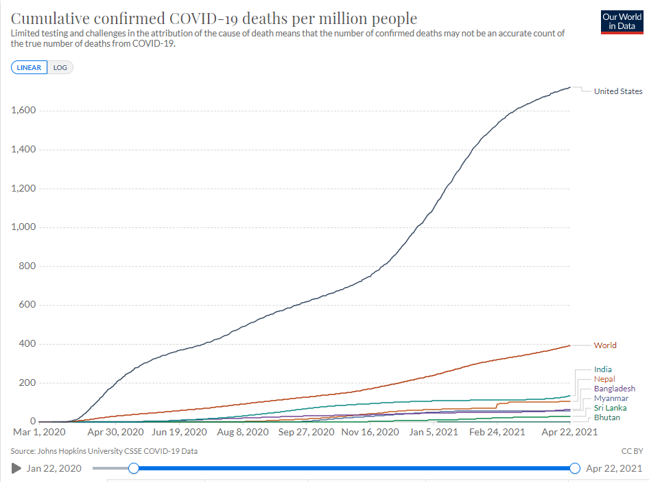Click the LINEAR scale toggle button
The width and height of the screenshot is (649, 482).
(x=29, y=67)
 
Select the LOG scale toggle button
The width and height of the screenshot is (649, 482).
(x=60, y=67)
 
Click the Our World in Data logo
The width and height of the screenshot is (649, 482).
(x=621, y=21)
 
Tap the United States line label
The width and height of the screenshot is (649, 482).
(x=617, y=91)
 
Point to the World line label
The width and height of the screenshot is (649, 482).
(x=605, y=345)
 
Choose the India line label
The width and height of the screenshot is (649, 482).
(x=603, y=369)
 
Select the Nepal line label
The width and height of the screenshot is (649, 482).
(x=604, y=379)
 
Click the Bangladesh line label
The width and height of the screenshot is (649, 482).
(x=614, y=389)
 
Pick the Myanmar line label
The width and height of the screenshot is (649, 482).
(x=611, y=398)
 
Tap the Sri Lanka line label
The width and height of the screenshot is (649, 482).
(x=610, y=408)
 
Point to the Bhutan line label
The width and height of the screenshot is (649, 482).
(x=607, y=417)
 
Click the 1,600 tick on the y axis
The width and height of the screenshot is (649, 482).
(x=24, y=111)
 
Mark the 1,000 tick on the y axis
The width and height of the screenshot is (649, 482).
(x=24, y=227)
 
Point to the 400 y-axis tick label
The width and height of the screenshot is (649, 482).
(x=28, y=344)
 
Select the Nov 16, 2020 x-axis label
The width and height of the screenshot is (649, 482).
(x=370, y=432)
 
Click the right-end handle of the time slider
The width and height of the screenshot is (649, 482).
(x=575, y=468)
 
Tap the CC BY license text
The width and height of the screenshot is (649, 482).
(x=632, y=451)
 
